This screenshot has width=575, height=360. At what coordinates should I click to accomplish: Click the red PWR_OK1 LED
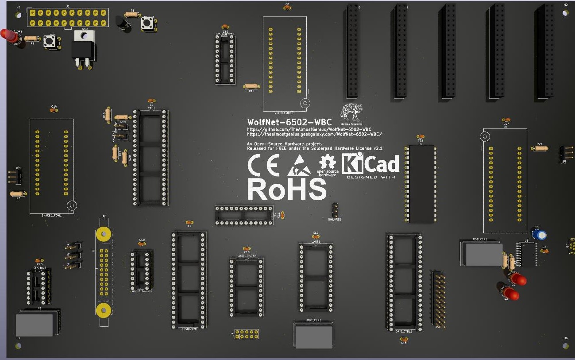pos(10,35)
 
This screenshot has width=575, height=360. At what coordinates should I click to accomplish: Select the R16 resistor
pos(251,86)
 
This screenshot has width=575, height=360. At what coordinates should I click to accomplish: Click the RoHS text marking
pos(286,189)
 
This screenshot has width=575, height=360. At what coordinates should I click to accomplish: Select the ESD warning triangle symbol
pos(300,166)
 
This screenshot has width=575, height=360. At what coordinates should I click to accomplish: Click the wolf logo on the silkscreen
pos(351,112)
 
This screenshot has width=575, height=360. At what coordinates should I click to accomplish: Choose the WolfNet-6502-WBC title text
pos(289,122)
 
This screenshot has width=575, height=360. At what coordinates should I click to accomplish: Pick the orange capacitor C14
pos(54,110)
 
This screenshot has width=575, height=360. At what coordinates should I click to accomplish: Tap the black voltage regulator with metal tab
pos(83,49)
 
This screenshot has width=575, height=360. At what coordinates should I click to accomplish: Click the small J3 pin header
pos(247,334)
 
